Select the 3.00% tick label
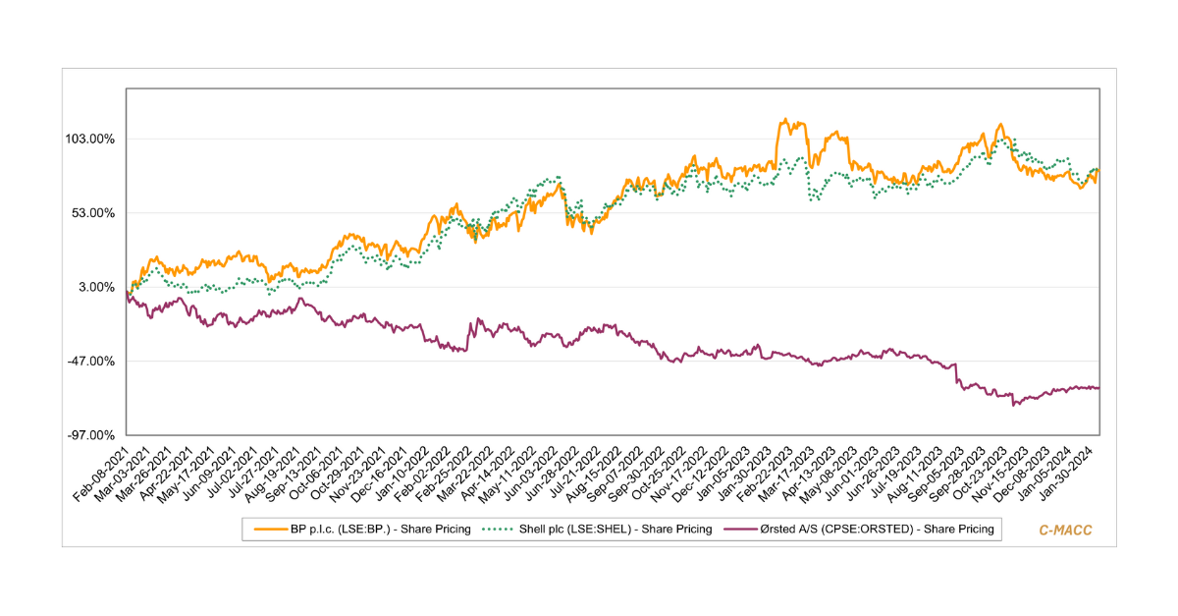click(x=98, y=287)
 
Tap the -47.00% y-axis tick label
click(x=92, y=362)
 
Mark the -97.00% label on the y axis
click(x=92, y=435)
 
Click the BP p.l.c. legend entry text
click(x=380, y=530)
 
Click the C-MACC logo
click(x=1065, y=530)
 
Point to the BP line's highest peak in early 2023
click(x=783, y=121)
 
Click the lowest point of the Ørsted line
click(x=1013, y=404)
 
